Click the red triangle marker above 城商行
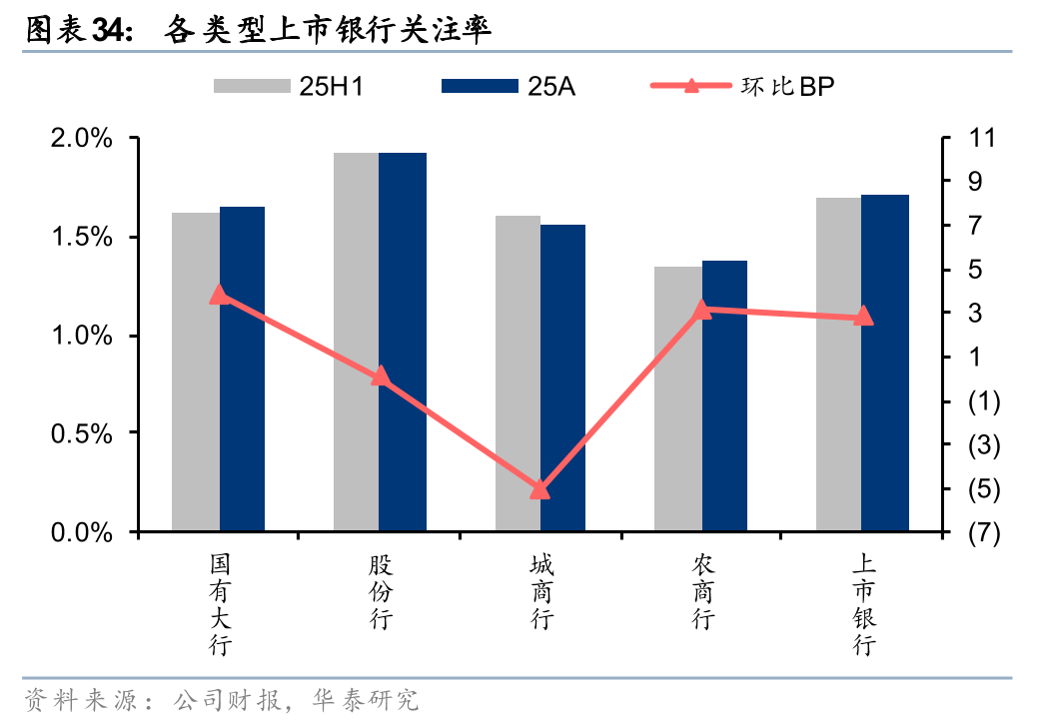coord(540,489)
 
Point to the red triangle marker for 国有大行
coord(220,295)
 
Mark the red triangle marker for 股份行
coord(380,376)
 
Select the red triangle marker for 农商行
coord(702,310)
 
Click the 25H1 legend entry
coord(289,86)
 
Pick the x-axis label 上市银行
coord(864,605)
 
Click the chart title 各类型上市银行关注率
coord(330,31)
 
